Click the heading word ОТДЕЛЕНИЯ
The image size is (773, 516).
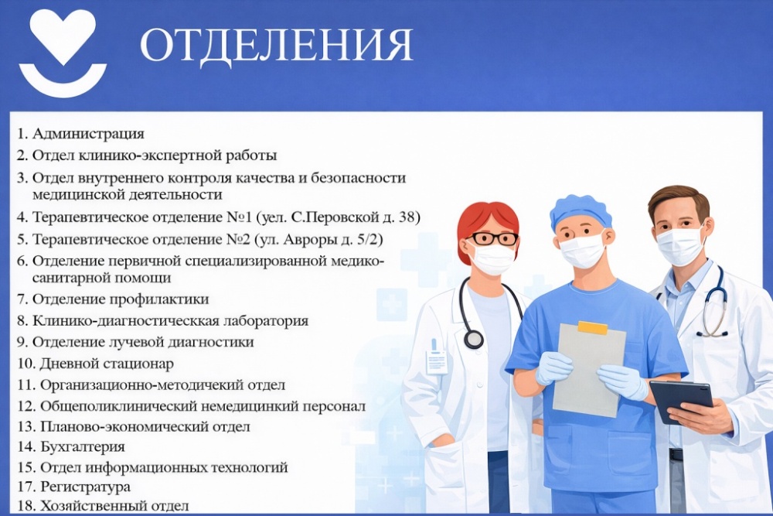click(x=276, y=46)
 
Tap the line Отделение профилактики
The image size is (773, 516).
click(x=121, y=299)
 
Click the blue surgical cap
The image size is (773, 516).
click(x=581, y=210)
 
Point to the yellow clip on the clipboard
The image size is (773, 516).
click(x=592, y=328)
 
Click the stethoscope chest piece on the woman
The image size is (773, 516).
click(x=473, y=340)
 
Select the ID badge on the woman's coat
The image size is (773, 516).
click(x=437, y=361)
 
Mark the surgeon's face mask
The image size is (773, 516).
click(x=581, y=250)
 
